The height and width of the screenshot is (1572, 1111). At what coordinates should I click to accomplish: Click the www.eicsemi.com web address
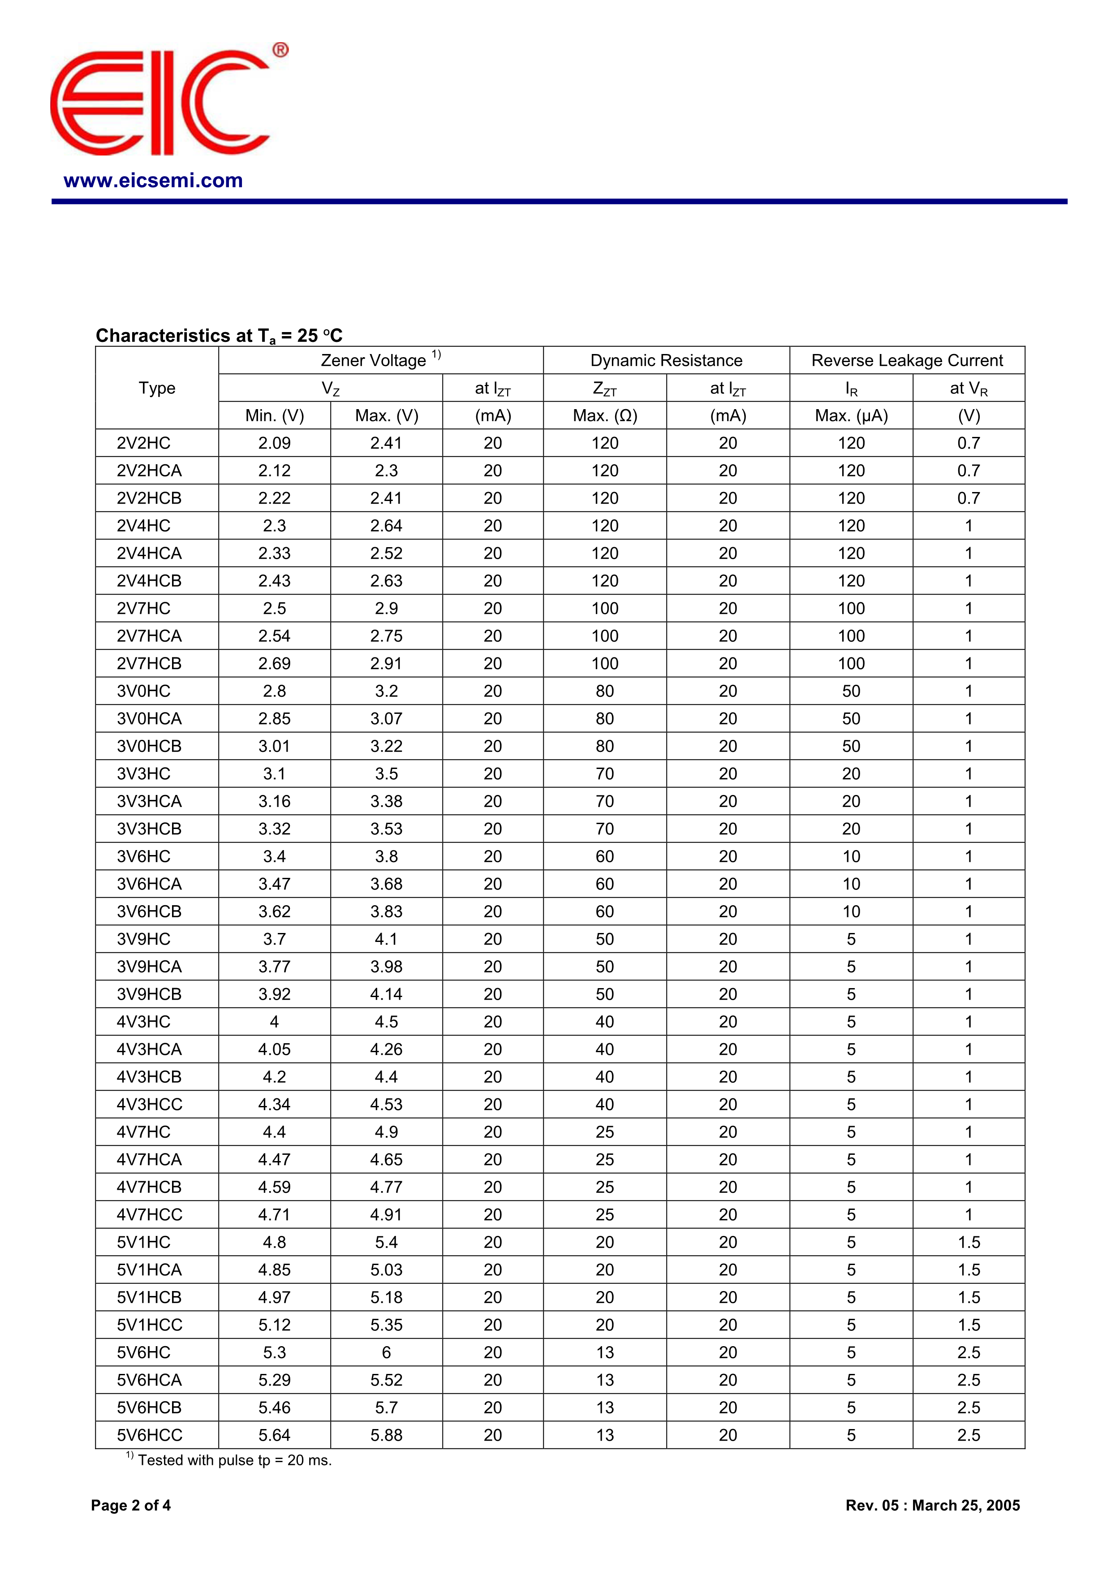pyautogui.click(x=153, y=181)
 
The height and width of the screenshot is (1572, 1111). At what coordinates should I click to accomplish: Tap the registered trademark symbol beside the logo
pyautogui.click(x=280, y=50)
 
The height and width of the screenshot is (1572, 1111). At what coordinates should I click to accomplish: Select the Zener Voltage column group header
pyautogui.click(x=381, y=360)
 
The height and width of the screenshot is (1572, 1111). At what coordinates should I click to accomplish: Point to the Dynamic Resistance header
pyautogui.click(x=666, y=360)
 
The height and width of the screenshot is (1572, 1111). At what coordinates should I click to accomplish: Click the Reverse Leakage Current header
pyautogui.click(x=907, y=360)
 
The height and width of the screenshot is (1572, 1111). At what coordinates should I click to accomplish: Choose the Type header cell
pyautogui.click(x=157, y=388)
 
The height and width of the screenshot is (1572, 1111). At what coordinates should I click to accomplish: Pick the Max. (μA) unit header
pyautogui.click(x=851, y=415)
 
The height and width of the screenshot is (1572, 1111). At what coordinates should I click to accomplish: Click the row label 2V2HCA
pyautogui.click(x=149, y=471)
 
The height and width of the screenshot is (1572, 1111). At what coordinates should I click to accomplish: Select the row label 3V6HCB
pyautogui.click(x=149, y=912)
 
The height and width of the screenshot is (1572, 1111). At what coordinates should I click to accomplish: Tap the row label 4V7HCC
pyautogui.click(x=149, y=1214)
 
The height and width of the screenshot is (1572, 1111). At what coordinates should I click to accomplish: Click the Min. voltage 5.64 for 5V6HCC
pyautogui.click(x=275, y=1435)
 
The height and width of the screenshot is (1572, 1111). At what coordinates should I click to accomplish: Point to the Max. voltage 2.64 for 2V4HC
pyautogui.click(x=386, y=526)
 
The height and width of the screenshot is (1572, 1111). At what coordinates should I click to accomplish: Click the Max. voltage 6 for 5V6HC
pyautogui.click(x=386, y=1352)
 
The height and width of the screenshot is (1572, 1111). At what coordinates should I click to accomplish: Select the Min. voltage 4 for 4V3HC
pyautogui.click(x=275, y=1022)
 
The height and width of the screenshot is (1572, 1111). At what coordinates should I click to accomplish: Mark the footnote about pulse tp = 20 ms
pyautogui.click(x=229, y=1460)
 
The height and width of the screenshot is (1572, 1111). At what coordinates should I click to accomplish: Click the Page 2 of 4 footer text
pyautogui.click(x=131, y=1505)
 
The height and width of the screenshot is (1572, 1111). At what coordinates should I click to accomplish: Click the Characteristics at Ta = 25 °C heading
pyautogui.click(x=219, y=336)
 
